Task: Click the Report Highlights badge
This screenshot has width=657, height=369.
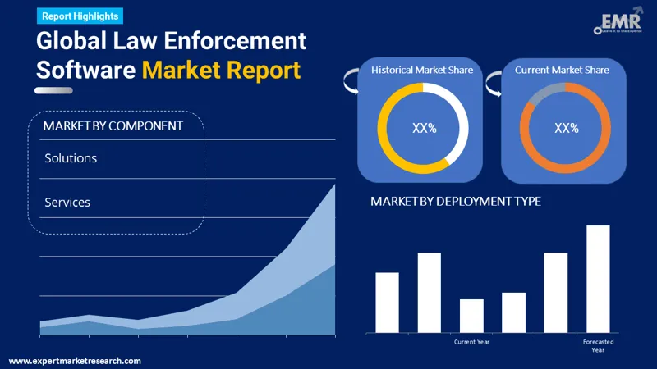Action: click(79, 16)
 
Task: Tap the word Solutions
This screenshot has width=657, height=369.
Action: click(71, 157)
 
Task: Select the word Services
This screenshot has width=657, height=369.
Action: click(67, 202)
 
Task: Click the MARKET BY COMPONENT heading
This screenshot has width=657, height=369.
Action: click(113, 125)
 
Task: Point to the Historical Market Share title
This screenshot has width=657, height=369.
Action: click(422, 71)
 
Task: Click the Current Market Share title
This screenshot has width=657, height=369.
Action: click(562, 71)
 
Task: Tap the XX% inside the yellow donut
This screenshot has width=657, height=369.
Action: click(424, 128)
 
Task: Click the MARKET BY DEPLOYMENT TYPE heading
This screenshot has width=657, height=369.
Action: click(455, 201)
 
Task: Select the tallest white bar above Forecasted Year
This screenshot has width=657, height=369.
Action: click(598, 279)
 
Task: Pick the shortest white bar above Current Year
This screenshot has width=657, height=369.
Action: click(471, 316)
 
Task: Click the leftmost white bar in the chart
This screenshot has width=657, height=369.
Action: click(387, 302)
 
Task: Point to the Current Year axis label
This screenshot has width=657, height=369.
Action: click(471, 342)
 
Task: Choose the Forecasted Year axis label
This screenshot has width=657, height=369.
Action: click(598, 345)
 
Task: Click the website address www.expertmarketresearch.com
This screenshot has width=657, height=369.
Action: click(75, 361)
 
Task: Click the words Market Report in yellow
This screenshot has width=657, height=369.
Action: click(221, 70)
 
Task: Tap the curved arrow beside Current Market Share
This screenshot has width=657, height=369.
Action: click(493, 80)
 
